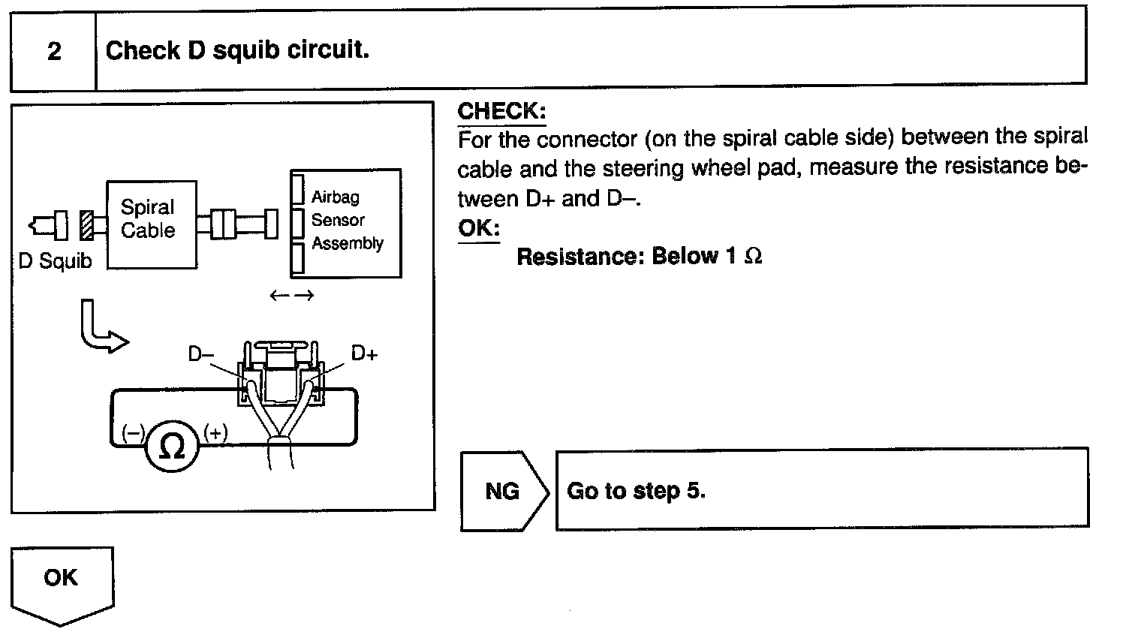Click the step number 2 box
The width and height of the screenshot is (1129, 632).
coord(53,51)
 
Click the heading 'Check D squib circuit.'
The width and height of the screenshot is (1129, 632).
coord(237,51)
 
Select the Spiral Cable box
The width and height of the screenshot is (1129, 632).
coord(151,224)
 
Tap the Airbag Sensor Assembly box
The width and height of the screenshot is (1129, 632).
coord(346,222)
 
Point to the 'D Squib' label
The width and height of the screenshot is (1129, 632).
coord(55,261)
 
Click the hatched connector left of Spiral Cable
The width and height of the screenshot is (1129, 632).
coord(87,224)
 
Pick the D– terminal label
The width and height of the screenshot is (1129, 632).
coord(201,354)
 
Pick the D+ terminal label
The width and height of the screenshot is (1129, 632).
coord(364,353)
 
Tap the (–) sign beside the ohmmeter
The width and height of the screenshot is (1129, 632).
coord(133,433)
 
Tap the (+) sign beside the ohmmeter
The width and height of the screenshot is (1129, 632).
coord(215,433)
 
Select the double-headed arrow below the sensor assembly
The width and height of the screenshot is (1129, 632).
coord(291,296)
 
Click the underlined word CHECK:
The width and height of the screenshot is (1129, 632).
coord(501,111)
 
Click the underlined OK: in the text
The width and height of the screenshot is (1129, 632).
coord(478,227)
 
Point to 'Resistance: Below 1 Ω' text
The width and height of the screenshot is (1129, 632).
coord(640,257)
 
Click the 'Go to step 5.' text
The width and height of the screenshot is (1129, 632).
coord(636,491)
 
